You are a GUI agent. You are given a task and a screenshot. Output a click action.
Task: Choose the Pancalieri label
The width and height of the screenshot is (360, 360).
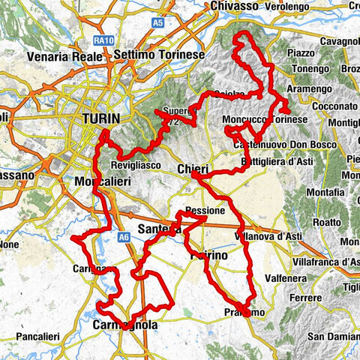coord(31,335)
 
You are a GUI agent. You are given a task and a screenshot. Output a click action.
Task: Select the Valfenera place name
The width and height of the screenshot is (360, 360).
coord(291,276)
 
